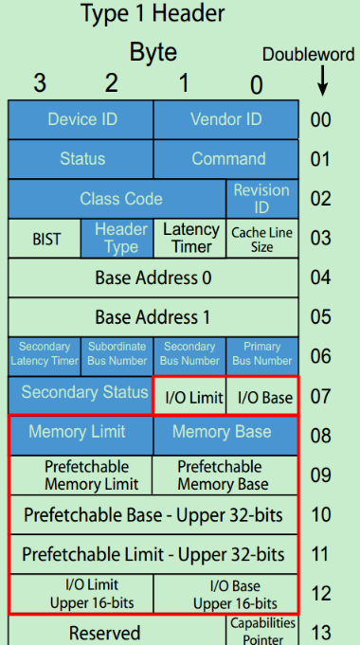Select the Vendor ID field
(225, 119)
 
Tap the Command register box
(225, 159)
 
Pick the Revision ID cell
(261, 199)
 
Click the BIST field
(45, 239)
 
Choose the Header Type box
(117, 239)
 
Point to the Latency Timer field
(189, 239)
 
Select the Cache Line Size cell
(261, 239)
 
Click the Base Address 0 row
(153, 278)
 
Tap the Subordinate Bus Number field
(117, 354)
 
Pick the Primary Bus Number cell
(261, 354)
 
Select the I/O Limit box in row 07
(189, 398)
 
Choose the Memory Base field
(225, 433)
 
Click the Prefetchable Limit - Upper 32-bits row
(153, 553)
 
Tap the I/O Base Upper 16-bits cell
(225, 594)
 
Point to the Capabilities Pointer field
(261, 630)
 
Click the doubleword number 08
(321, 436)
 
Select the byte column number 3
(39, 83)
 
